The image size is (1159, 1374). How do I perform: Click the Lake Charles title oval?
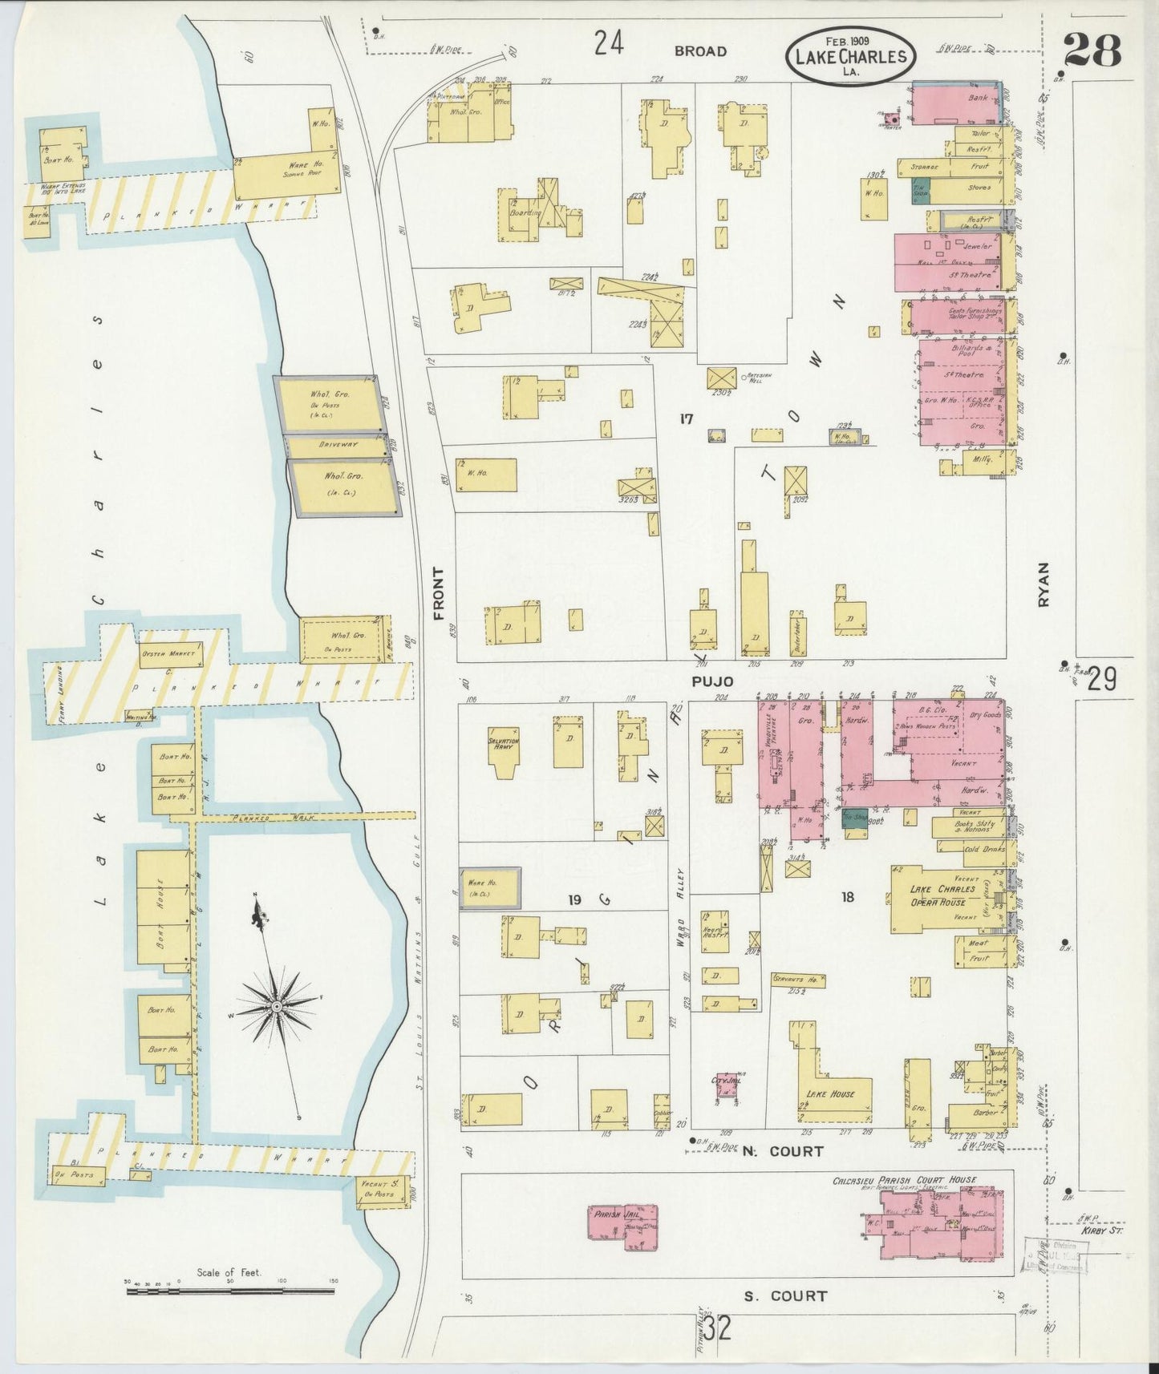[851, 56]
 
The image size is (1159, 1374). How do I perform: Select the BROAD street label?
[700, 51]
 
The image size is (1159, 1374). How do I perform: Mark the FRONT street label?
[438, 594]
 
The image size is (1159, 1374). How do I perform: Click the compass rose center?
[276, 1005]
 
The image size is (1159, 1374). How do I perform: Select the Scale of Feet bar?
[230, 1291]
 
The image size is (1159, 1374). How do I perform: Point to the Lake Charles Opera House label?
[942, 895]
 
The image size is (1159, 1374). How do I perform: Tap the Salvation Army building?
[504, 750]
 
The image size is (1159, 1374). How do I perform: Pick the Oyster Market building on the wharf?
[171, 654]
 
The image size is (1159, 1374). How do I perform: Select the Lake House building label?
[829, 1093]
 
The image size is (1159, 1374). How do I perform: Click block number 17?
[685, 418]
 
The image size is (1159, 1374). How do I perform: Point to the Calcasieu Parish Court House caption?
[904, 1180]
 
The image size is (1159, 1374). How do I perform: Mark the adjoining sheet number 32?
[719, 1330]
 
